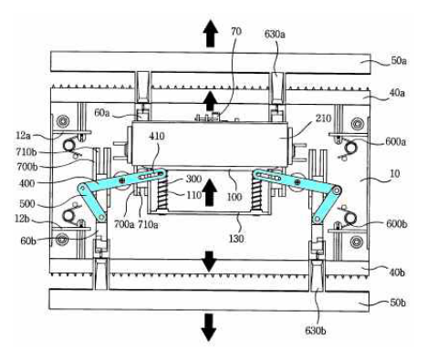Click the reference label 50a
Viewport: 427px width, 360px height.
coord(399,61)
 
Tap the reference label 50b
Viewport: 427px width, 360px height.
coord(398,303)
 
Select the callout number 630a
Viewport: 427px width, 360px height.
coord(275,34)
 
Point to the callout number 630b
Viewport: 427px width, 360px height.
coord(316,330)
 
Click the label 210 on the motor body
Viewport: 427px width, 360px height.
coord(323,118)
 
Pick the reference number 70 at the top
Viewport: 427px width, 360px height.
coord(236,31)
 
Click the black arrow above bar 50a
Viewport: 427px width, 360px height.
coord(210,34)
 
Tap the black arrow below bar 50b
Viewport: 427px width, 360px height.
coord(209,327)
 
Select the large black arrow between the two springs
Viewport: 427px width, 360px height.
coord(210,192)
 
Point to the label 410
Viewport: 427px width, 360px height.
coord(157,136)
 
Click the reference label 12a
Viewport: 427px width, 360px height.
coord(23,136)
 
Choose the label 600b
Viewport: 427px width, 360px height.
coord(397,224)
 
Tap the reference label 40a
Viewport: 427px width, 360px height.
coord(397,93)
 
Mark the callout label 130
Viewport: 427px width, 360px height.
coord(236,239)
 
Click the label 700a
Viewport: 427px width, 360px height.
coord(124,224)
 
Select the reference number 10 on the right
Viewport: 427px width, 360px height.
coord(394,174)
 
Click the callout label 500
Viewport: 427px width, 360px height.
coord(27,203)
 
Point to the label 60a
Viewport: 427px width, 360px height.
coord(102,113)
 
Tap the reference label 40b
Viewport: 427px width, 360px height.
coord(397,273)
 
